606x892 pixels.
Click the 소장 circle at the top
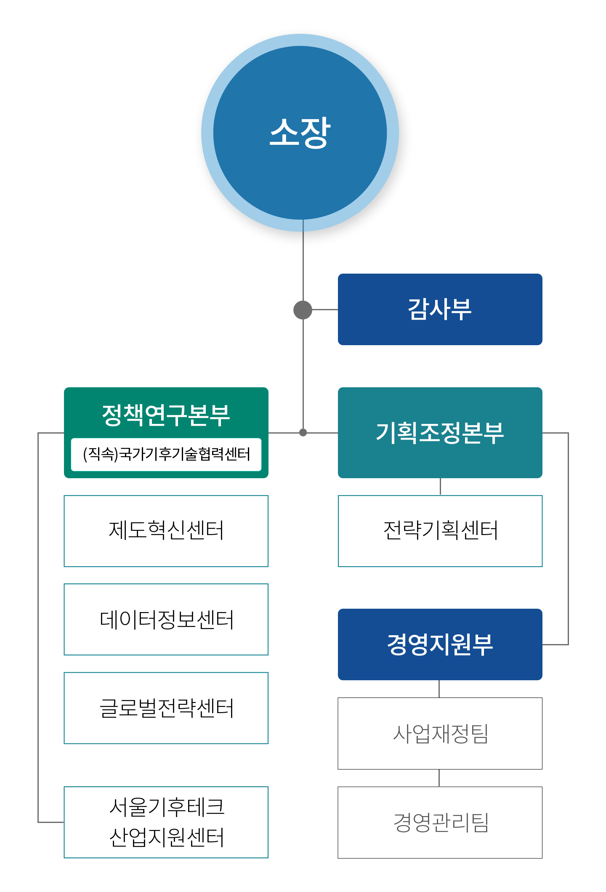pyautogui.click(x=300, y=133)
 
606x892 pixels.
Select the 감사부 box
pyautogui.click(x=440, y=309)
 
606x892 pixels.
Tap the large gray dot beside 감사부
pyautogui.click(x=303, y=310)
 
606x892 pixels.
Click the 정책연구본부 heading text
pyautogui.click(x=166, y=415)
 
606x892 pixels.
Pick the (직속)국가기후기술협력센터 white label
pyautogui.click(x=166, y=455)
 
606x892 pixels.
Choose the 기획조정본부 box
pyautogui.click(x=440, y=433)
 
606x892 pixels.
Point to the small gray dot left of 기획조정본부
pyautogui.click(x=303, y=432)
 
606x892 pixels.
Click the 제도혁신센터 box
pyautogui.click(x=166, y=531)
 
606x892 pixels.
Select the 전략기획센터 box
pyautogui.click(x=440, y=531)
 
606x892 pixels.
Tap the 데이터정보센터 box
pyautogui.click(x=166, y=619)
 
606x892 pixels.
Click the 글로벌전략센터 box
pyautogui.click(x=166, y=708)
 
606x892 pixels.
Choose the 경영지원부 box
pyautogui.click(x=440, y=644)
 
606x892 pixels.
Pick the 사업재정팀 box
pyautogui.click(x=440, y=733)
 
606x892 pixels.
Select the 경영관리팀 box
pyautogui.click(x=440, y=823)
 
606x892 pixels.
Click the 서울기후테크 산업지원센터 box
pyautogui.click(x=166, y=822)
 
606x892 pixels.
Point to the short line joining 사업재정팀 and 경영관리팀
pyautogui.click(x=439, y=778)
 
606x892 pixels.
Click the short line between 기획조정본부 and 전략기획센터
pyautogui.click(x=440, y=487)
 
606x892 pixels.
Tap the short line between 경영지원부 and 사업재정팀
pyautogui.click(x=439, y=689)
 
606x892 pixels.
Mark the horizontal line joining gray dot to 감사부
pyautogui.click(x=325, y=309)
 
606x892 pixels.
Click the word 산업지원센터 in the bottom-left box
pyautogui.click(x=166, y=837)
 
